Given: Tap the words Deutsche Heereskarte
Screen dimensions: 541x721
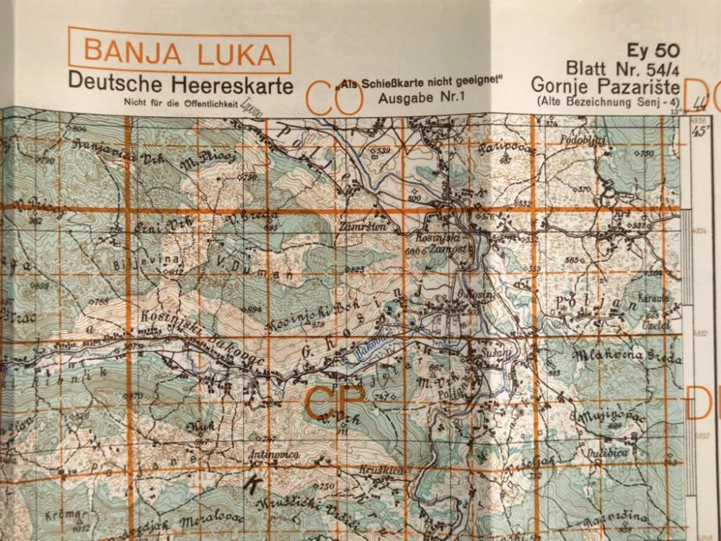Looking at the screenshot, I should (x=180, y=84).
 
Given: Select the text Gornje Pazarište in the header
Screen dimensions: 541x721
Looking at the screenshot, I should (x=604, y=85).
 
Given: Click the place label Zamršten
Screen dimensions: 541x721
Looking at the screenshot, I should (x=358, y=226).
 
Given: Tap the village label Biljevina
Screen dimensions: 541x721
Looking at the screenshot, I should (x=134, y=263).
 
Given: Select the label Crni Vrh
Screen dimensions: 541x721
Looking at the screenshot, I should (x=152, y=229).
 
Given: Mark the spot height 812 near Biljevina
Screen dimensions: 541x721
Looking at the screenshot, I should (x=173, y=272).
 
